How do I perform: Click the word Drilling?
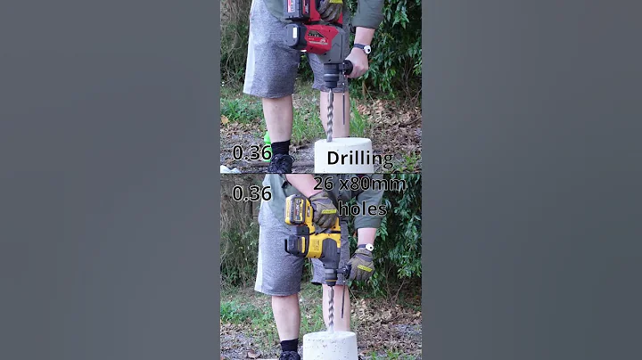point(359,159)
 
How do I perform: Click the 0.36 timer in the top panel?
point(251,152)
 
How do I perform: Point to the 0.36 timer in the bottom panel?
point(251,193)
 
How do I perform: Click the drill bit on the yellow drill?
point(331,307)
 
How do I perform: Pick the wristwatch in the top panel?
point(361,48)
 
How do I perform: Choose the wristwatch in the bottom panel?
point(366,248)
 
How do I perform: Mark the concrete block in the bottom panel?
point(330,346)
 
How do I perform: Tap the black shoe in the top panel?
point(281,164)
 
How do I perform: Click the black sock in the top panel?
point(280,147)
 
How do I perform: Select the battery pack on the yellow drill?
point(299,211)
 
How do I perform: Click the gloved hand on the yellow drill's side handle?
point(360,265)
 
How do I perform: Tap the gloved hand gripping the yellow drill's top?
point(324,212)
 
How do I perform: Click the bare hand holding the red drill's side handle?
point(358,62)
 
